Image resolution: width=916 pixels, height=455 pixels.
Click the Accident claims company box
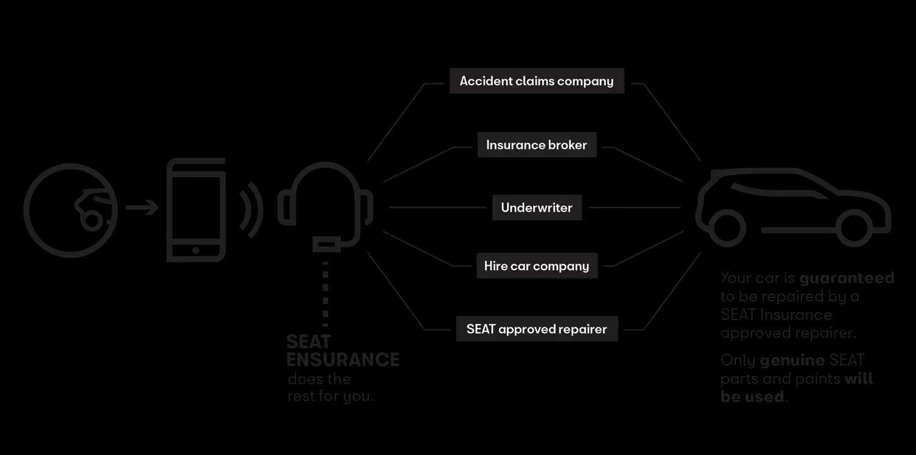tap(537, 81)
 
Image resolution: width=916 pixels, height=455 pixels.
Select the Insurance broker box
tap(537, 145)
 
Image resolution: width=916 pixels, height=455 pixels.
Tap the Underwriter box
tap(537, 207)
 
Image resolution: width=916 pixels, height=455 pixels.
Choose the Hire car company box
tap(537, 266)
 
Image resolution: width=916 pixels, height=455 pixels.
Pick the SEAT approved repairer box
tap(537, 329)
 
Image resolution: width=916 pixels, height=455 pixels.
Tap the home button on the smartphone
tap(196, 251)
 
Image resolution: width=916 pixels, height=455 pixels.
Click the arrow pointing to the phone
tap(142, 207)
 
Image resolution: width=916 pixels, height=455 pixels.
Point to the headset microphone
tap(326, 244)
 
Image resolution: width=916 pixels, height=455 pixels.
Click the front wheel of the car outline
tap(854, 228)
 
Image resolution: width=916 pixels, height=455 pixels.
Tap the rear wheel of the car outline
tap(727, 228)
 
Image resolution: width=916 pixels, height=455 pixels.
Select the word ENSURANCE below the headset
tap(343, 359)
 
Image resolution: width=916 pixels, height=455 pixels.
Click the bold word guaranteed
tap(847, 278)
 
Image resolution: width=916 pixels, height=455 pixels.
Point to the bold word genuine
tap(792, 360)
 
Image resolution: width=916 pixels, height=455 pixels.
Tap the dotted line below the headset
tap(325, 293)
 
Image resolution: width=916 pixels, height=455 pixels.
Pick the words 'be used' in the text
tap(752, 396)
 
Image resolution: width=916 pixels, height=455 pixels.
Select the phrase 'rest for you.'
tap(330, 396)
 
